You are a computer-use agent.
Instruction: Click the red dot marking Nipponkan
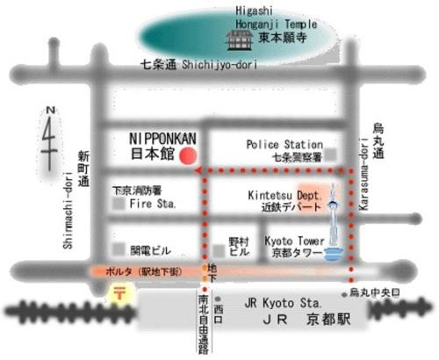186,156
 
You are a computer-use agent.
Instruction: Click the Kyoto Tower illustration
333,230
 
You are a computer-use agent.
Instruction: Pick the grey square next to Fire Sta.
118,204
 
